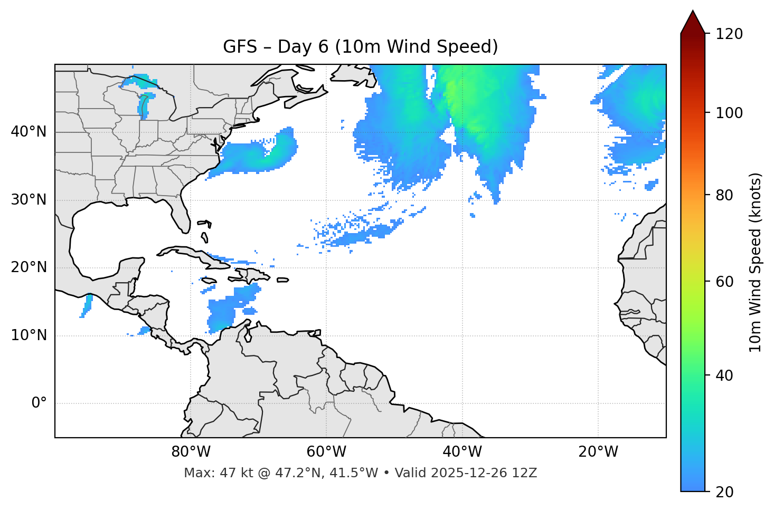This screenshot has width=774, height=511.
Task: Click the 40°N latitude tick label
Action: tap(29, 132)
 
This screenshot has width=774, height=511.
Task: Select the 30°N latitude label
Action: tap(29, 200)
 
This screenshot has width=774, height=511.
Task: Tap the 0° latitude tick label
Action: tap(39, 403)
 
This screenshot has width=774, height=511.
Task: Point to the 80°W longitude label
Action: tap(191, 452)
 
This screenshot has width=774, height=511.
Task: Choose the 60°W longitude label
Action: tap(326, 452)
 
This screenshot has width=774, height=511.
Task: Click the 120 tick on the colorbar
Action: tap(729, 34)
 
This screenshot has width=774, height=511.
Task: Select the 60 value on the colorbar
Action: tap(725, 282)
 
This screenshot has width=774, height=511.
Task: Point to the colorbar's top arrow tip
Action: tap(693, 11)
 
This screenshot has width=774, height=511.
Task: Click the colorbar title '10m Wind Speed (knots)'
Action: tap(756, 263)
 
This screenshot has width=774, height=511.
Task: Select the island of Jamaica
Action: tap(209, 281)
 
